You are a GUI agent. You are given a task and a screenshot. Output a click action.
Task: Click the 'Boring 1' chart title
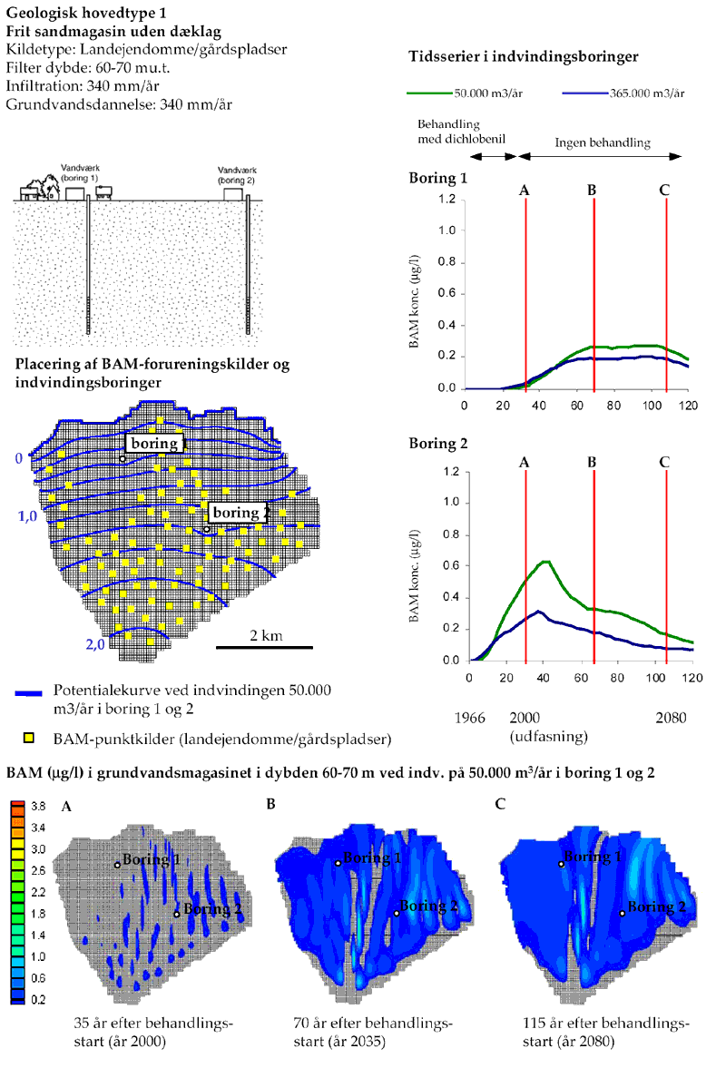point(438,178)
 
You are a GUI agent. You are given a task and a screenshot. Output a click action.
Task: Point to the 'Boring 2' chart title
point(438,444)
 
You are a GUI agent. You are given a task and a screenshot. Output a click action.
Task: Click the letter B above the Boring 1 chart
point(592,190)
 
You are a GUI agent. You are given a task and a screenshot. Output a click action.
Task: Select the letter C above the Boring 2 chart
point(664,462)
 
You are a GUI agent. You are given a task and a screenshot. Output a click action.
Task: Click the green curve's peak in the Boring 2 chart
point(545,562)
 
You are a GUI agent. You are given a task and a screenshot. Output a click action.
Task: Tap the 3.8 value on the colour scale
point(37,806)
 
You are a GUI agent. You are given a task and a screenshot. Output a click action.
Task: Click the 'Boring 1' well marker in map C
point(561,865)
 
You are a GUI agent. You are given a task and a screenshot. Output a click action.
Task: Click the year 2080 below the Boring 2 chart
point(671,717)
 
